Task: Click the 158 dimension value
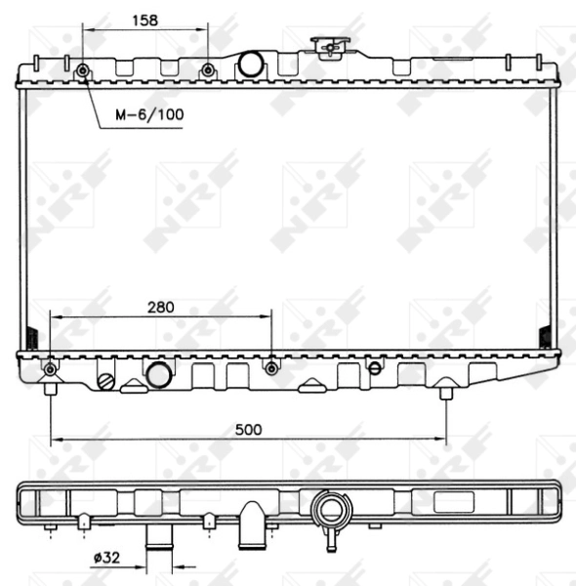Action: coord(144,19)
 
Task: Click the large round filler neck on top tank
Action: coord(252,66)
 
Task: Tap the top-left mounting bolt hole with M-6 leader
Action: coord(83,70)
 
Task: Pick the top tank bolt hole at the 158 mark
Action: coord(207,70)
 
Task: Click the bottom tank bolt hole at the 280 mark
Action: coord(272,367)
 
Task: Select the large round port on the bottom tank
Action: coord(158,373)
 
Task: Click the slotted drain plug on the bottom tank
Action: coord(107,379)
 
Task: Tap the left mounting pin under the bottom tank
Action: coord(50,391)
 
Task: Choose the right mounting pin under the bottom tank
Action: coord(446,392)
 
